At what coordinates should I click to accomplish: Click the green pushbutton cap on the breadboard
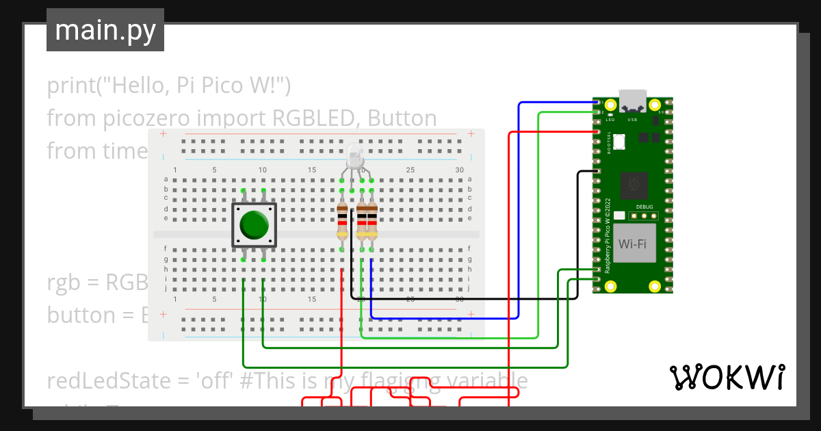pos(255,225)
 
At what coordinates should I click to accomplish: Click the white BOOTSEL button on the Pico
pos(621,142)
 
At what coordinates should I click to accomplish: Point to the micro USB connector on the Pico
pos(632,100)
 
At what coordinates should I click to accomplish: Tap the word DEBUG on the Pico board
pos(644,206)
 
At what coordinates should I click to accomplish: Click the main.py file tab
pos(105,31)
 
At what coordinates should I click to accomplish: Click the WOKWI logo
pos(727,377)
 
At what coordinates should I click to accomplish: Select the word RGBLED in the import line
pos(314,118)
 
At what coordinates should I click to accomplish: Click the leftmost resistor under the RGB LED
pos(342,220)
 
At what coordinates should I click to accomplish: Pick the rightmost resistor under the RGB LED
pos(372,220)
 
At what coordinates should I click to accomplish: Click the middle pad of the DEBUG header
pos(644,216)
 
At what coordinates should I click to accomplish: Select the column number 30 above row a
pos(460,170)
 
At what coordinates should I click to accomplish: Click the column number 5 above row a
pos(214,170)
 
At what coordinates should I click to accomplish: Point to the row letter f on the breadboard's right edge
pos(470,249)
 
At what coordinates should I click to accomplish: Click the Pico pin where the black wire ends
pos(598,170)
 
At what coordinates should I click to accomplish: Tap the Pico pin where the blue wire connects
pos(598,103)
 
